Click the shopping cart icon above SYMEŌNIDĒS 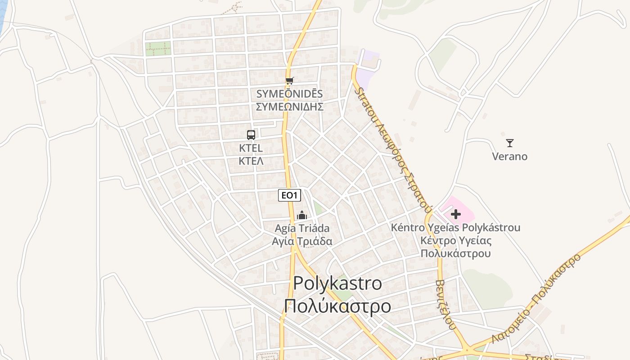(x=290, y=81)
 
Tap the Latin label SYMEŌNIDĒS (x=289, y=94)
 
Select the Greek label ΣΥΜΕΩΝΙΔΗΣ (x=289, y=107)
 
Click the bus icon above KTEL (x=251, y=135)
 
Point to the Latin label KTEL (x=251, y=148)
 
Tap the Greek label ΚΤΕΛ (x=251, y=161)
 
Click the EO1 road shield (x=289, y=195)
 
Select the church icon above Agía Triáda (x=302, y=215)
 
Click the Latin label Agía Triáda (x=302, y=228)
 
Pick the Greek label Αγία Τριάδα (x=302, y=241)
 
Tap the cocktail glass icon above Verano (x=510, y=143)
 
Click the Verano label (x=510, y=157)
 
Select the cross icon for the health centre (x=456, y=214)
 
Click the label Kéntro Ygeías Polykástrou (x=455, y=228)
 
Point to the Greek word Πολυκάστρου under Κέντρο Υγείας (x=455, y=253)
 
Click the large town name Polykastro (x=337, y=283)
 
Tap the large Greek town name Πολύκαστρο (x=337, y=306)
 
